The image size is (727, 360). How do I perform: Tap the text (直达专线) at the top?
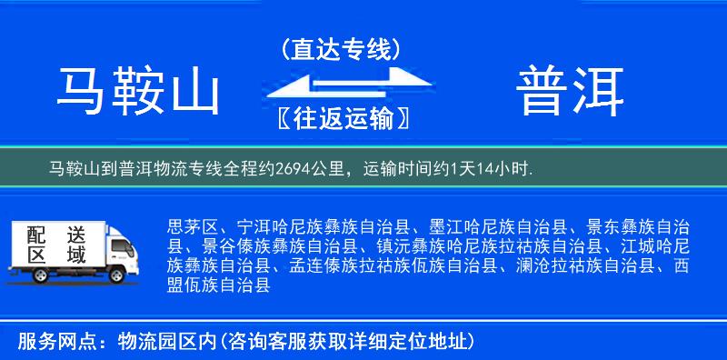tap(341, 47)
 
